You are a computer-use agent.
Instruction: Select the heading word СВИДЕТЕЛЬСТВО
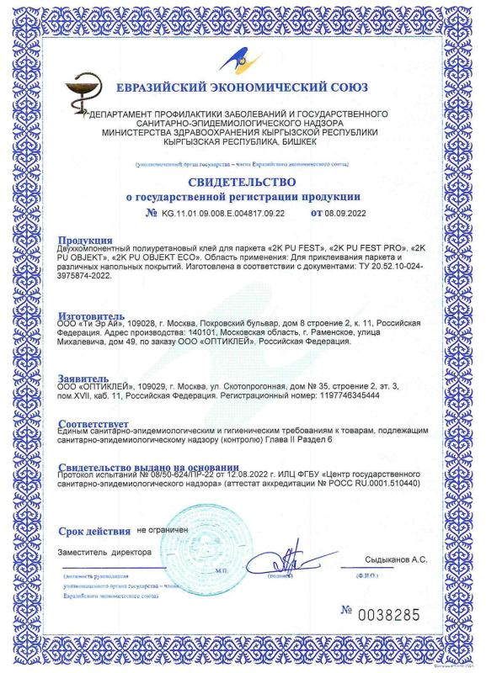click(x=242, y=182)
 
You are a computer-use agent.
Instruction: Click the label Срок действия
click(x=93, y=531)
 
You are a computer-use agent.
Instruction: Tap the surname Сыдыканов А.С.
click(x=396, y=559)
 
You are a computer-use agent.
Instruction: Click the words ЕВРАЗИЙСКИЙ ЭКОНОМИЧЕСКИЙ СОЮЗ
click(x=244, y=90)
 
